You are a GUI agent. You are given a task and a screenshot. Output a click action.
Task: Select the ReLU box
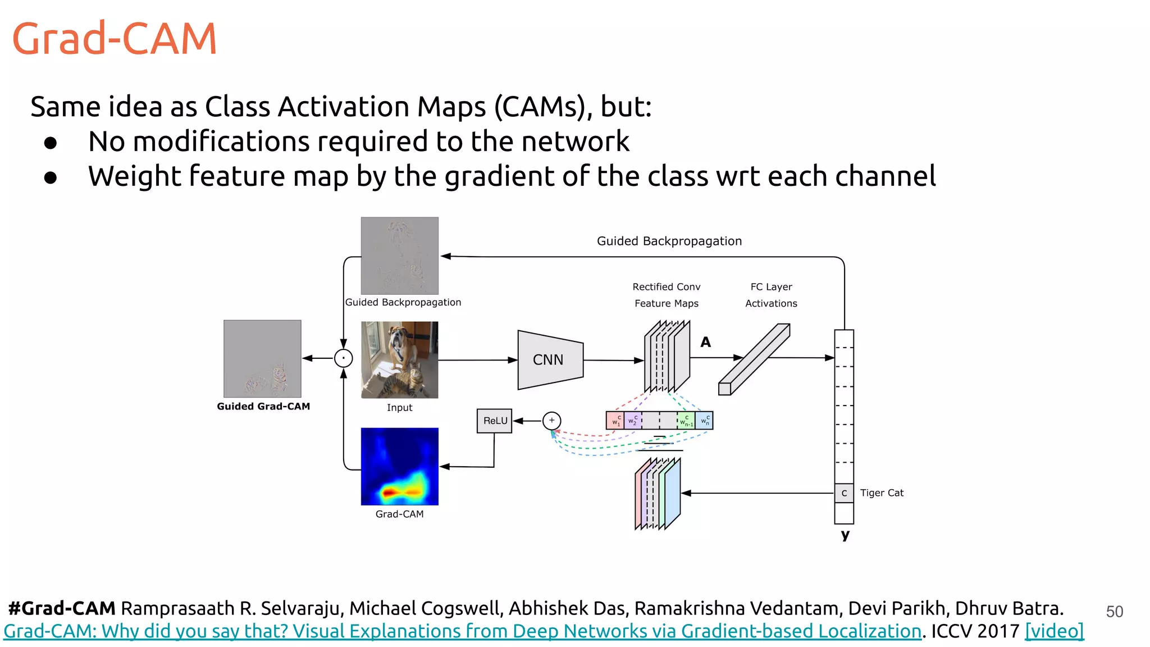click(x=495, y=421)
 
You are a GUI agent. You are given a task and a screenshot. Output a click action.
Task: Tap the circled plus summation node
click(x=551, y=421)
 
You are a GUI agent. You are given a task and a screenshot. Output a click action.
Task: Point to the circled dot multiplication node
click(x=343, y=358)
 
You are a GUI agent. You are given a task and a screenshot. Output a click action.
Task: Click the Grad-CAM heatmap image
click(x=399, y=466)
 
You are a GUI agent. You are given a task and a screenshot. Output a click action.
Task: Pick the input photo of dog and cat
click(x=399, y=359)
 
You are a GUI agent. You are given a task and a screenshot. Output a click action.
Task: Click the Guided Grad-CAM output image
click(x=262, y=358)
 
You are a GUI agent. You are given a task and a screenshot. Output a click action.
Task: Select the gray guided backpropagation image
click(x=399, y=256)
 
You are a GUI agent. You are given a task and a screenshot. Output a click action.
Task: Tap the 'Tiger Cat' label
click(x=882, y=493)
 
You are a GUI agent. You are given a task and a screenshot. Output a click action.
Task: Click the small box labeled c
click(x=844, y=493)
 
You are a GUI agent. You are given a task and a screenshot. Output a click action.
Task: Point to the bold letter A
click(x=706, y=342)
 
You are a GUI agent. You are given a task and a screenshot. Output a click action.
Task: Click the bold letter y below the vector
click(x=845, y=535)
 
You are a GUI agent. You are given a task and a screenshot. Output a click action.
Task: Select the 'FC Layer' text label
click(x=771, y=287)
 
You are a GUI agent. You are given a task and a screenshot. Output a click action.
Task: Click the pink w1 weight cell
click(x=615, y=421)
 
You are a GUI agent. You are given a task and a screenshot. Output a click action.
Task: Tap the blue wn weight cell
click(x=704, y=421)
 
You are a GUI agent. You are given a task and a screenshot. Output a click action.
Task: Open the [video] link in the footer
click(x=1054, y=631)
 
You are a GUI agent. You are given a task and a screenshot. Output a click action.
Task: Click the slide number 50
click(x=1114, y=612)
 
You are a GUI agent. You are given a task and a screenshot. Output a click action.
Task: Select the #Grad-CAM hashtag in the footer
click(x=62, y=608)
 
